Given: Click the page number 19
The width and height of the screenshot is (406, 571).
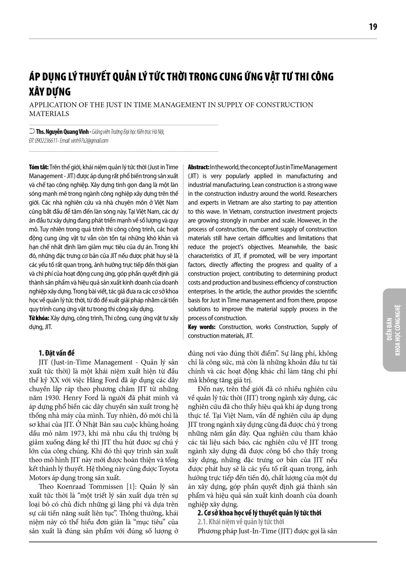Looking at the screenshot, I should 373,27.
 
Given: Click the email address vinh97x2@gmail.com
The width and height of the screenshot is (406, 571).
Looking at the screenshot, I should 91,140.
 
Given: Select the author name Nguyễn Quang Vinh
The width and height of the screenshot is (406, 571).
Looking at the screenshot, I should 70,132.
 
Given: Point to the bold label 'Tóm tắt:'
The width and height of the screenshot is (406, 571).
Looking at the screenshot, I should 38,167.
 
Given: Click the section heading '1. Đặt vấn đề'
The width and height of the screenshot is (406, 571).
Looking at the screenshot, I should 57,353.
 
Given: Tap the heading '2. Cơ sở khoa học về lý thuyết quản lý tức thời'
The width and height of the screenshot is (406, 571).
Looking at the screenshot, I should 259,513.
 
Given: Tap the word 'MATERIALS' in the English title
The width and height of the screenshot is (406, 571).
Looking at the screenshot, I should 49,114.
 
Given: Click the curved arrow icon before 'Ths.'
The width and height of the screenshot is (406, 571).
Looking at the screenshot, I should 31,132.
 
